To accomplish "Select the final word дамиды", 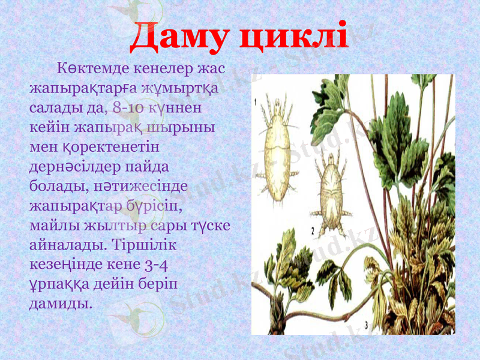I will (x=61, y=302).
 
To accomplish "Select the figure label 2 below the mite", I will (x=313, y=230).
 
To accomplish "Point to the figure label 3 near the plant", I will (x=367, y=325).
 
